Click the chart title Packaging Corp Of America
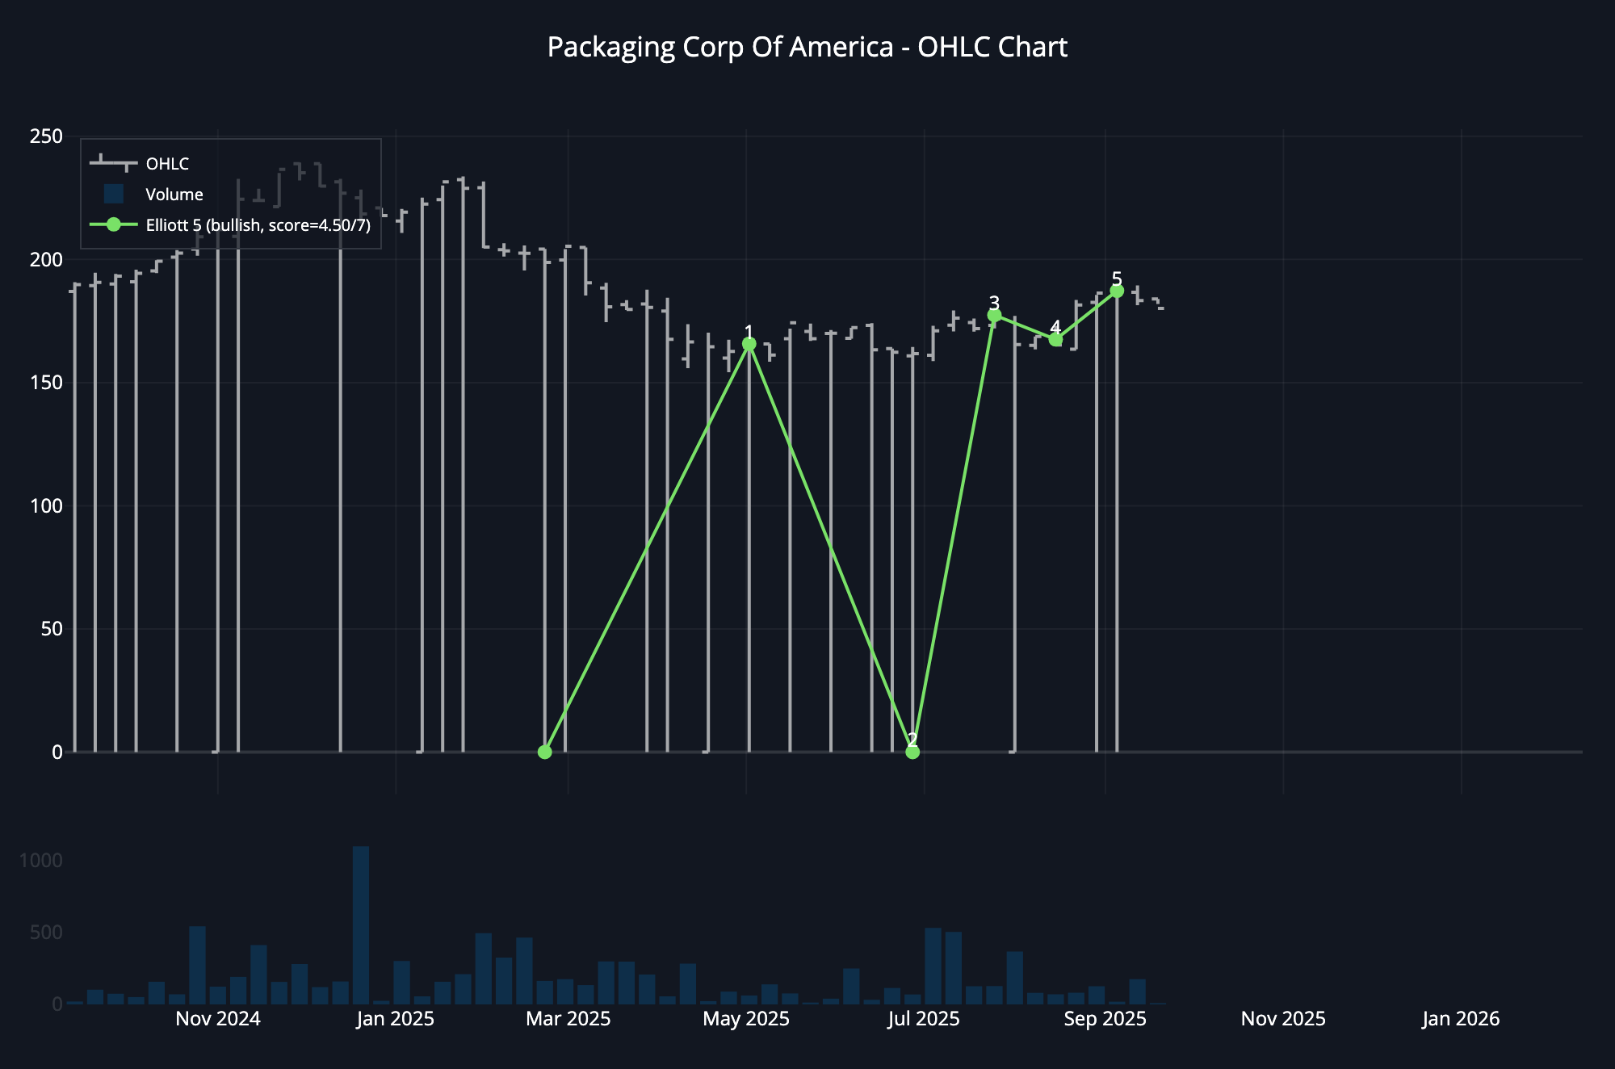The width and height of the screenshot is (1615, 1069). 807,48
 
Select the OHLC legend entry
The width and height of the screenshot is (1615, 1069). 167,164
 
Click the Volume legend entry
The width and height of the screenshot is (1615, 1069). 174,195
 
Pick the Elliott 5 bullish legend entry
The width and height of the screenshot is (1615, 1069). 258,225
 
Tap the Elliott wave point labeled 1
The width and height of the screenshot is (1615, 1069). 749,344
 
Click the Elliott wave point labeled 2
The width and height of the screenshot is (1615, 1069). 912,752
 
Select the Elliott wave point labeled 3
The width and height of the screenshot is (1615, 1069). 994,315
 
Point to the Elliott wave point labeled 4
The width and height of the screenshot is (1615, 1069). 1055,340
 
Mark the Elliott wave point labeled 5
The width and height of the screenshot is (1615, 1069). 1117,291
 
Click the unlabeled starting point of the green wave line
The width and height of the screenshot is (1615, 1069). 545,752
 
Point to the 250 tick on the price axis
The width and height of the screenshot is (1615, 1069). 46,136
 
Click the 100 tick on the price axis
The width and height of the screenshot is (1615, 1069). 46,505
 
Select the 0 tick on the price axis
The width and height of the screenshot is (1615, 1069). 57,752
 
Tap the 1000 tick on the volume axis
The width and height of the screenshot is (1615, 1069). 40,861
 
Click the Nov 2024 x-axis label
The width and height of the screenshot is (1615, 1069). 218,1019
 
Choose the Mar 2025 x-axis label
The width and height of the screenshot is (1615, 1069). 568,1019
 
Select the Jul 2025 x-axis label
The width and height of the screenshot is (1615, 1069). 924,1019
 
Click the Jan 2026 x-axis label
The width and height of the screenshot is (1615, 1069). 1461,1019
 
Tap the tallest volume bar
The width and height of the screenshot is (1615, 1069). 361,924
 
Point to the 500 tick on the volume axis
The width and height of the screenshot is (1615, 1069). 46,933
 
